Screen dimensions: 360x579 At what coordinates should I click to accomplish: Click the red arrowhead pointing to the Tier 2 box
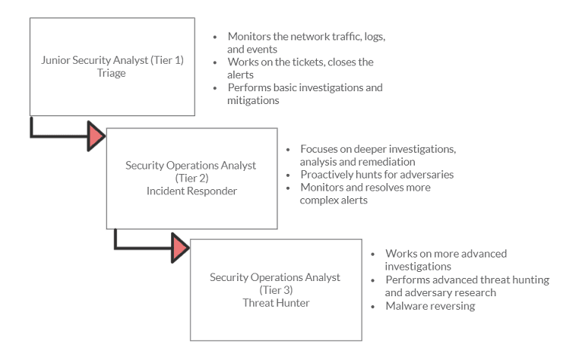click(x=96, y=136)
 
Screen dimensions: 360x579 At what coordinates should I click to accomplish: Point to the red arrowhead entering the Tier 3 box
click(x=180, y=248)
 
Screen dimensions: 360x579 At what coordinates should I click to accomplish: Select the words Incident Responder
click(x=191, y=191)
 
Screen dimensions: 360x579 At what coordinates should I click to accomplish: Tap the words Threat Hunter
click(x=275, y=303)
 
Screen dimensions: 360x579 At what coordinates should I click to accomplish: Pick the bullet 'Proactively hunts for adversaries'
click(x=377, y=174)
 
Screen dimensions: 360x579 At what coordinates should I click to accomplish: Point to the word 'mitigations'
click(x=254, y=100)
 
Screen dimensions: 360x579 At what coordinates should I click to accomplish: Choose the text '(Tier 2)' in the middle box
click(x=191, y=178)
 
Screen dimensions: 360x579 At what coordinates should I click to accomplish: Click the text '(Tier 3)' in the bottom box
click(x=275, y=290)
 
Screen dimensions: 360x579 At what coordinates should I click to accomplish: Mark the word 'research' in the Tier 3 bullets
click(x=471, y=292)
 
